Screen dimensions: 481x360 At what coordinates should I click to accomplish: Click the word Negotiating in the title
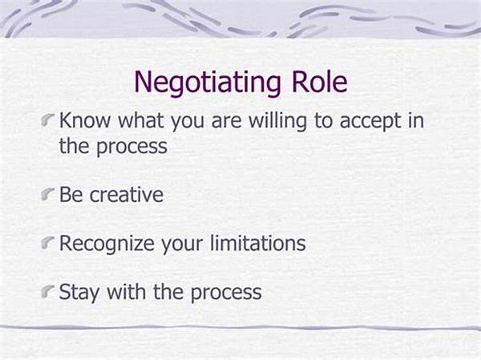(x=208, y=83)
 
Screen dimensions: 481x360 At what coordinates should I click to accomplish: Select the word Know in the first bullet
(x=84, y=120)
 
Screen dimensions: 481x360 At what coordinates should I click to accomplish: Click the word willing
(x=277, y=122)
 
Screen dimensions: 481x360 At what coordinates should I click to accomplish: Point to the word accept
(x=370, y=122)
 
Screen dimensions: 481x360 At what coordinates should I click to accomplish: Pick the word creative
(x=127, y=195)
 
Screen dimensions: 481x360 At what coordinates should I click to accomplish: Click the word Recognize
(x=107, y=245)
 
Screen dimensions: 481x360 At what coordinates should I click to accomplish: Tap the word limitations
(x=258, y=243)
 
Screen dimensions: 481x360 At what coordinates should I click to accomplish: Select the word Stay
(x=79, y=293)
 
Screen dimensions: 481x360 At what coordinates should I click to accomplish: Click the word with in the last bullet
(x=127, y=291)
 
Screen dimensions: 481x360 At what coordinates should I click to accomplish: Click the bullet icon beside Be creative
(x=47, y=195)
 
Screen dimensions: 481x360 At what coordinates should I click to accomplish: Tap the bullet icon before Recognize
(x=47, y=243)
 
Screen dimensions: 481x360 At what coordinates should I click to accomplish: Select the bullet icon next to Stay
(x=47, y=292)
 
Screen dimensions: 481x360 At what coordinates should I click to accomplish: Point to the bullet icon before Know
(x=47, y=120)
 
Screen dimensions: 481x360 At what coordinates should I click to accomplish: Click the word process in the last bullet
(x=226, y=293)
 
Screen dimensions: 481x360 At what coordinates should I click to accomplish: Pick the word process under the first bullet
(x=132, y=148)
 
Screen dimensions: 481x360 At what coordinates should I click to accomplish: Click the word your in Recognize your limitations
(x=182, y=245)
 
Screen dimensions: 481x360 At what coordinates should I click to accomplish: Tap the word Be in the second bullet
(x=71, y=195)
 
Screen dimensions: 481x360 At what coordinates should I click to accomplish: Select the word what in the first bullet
(x=141, y=120)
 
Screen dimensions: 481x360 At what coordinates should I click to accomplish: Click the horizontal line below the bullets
(x=240, y=327)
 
